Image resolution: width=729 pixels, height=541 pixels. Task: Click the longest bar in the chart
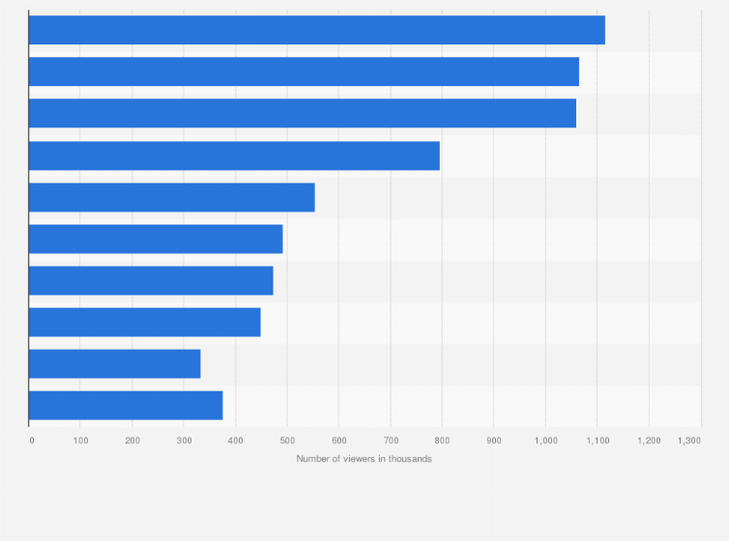[x=316, y=30]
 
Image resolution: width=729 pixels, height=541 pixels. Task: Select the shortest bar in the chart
[x=114, y=363]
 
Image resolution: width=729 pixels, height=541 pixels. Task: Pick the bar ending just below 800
[x=234, y=156]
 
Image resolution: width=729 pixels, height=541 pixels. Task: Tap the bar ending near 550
[x=171, y=197]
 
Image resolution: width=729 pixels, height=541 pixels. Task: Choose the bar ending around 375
[x=126, y=405]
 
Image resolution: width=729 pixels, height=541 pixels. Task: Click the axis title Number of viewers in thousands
[x=364, y=458]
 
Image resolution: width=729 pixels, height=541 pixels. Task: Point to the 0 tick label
[x=32, y=440]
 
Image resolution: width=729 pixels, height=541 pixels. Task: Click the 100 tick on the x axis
[x=81, y=440]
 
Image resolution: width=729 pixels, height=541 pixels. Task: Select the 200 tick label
[x=132, y=440]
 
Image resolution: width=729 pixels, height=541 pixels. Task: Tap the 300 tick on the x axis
[x=184, y=440]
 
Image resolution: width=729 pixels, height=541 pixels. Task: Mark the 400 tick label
[x=236, y=440]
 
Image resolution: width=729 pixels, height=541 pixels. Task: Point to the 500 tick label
[x=287, y=440]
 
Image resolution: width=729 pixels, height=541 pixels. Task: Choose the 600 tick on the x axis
[x=338, y=440]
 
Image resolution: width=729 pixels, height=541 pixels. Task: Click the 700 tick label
[x=391, y=440]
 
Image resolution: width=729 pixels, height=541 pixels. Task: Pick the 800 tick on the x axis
[x=442, y=440]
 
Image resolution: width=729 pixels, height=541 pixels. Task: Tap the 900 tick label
[x=494, y=440]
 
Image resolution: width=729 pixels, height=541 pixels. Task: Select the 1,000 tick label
[x=545, y=440]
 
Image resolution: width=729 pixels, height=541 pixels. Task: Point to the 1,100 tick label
[x=597, y=440]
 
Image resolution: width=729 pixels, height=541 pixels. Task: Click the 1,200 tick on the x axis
[x=649, y=440]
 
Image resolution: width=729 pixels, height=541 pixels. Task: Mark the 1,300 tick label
[x=688, y=440]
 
